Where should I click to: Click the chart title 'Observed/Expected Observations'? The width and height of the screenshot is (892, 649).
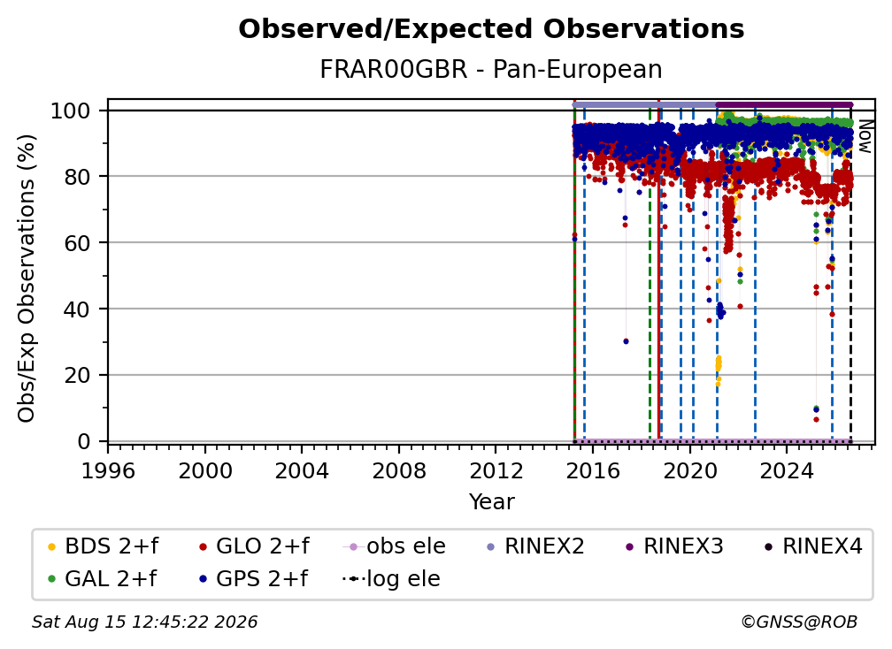pyautogui.click(x=491, y=29)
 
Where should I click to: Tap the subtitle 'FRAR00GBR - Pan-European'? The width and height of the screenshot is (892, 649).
pyautogui.click(x=491, y=69)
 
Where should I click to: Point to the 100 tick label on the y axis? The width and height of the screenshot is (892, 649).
pyautogui.click(x=71, y=111)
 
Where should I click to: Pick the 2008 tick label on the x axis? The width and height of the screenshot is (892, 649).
pyautogui.click(x=399, y=471)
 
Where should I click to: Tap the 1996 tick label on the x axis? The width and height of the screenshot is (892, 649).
pyautogui.click(x=108, y=471)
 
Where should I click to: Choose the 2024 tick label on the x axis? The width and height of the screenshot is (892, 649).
pyautogui.click(x=786, y=471)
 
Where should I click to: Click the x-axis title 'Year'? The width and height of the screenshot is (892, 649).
pyautogui.click(x=491, y=502)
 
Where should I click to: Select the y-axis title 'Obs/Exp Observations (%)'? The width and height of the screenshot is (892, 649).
pyautogui.click(x=27, y=279)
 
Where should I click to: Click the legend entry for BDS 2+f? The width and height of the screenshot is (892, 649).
pyautogui.click(x=103, y=546)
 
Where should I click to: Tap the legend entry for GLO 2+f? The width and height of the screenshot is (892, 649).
pyautogui.click(x=254, y=546)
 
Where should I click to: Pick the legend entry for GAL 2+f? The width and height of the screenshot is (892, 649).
pyautogui.click(x=102, y=579)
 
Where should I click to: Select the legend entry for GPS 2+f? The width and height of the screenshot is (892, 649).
pyautogui.click(x=253, y=579)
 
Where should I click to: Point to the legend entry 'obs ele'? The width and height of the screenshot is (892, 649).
pyautogui.click(x=394, y=546)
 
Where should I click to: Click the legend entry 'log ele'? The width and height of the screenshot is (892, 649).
pyautogui.click(x=391, y=579)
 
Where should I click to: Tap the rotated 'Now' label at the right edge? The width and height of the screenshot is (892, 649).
pyautogui.click(x=864, y=136)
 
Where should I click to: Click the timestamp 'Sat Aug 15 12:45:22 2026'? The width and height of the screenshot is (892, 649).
pyautogui.click(x=144, y=622)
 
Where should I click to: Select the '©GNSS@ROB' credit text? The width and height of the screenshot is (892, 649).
pyautogui.click(x=799, y=622)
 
